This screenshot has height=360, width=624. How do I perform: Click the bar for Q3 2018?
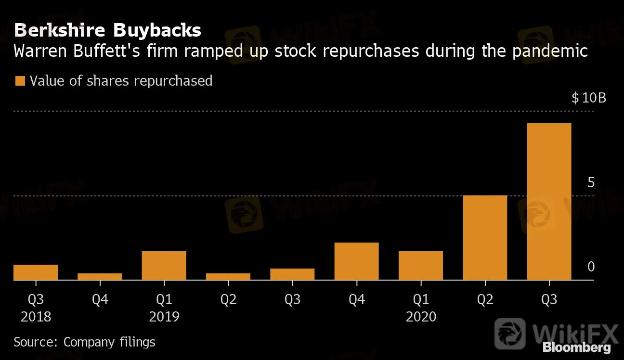coord(36,272)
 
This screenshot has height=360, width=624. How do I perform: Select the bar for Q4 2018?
coord(100,277)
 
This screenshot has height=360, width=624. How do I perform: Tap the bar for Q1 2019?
coord(164,266)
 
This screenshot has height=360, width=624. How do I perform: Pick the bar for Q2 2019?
coord(228,277)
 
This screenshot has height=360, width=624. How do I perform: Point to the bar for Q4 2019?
coord(356,261)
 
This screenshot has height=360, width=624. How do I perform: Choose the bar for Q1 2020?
coord(421,266)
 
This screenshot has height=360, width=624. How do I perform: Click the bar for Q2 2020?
coord(485,238)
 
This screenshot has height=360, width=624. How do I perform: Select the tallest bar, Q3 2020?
coord(549,202)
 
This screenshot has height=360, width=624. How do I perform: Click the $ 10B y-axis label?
coord(588,98)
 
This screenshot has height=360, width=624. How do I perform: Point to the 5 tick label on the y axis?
coord(591,183)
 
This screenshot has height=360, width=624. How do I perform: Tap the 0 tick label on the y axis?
coord(591,267)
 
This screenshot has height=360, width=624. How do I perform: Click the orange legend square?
coord(20,80)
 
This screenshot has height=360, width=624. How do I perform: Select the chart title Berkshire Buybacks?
coord(107,30)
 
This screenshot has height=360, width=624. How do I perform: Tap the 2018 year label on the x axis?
coord(36,317)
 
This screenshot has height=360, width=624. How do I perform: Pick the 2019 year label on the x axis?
coord(164,317)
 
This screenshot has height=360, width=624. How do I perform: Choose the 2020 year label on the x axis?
coord(421,317)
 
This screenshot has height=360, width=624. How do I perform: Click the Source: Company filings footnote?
coord(84,342)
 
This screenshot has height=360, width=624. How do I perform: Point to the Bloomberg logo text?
coord(576,347)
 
